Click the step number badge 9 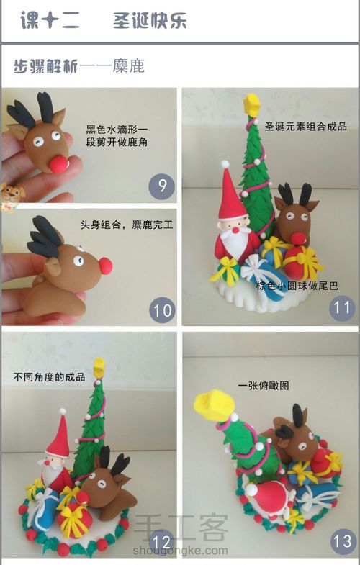coord(162,188)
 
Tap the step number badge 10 coord(163,311)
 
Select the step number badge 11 coord(341,310)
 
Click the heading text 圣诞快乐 coord(150,21)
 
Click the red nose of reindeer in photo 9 coord(59,163)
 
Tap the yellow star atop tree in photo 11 coord(253,104)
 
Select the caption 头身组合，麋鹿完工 coord(127,225)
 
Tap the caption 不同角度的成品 coord(49,376)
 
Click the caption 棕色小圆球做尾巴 coord(297,286)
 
